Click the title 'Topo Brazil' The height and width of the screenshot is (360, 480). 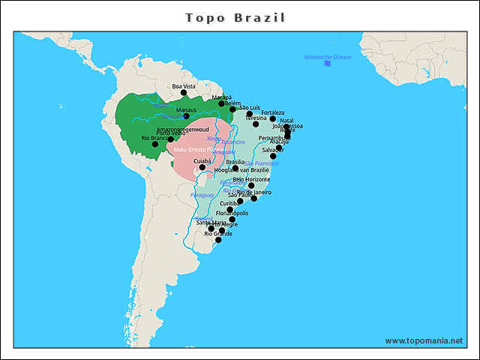[x=235, y=16]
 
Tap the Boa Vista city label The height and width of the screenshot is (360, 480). [x=184, y=86]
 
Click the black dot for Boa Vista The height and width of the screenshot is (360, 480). [x=184, y=93]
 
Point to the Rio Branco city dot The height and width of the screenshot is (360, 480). [x=155, y=144]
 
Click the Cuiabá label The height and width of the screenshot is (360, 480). [x=202, y=160]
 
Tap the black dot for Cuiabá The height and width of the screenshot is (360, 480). [x=202, y=167]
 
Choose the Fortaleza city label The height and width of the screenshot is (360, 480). [x=273, y=112]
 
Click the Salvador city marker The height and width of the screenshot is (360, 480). [x=273, y=156]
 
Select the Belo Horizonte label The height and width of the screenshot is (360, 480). [x=251, y=179]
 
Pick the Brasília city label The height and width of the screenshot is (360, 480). [x=235, y=162]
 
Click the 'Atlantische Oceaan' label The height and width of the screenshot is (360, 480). [x=328, y=57]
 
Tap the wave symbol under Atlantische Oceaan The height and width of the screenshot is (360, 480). [x=328, y=64]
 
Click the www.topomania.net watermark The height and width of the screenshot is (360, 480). [x=424, y=340]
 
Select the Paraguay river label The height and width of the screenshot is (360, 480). [x=202, y=195]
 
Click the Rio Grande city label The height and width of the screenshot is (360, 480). [x=218, y=233]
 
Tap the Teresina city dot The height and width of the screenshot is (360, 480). [x=256, y=124]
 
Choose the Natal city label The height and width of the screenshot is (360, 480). [x=286, y=120]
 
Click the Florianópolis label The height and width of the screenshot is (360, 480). [x=232, y=213]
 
